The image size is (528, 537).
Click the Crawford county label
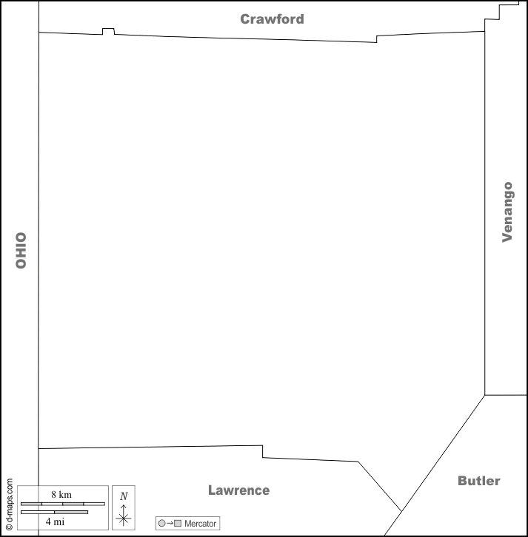coord(272,19)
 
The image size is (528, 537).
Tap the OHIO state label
coord(21,250)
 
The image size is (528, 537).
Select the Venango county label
coord(507,212)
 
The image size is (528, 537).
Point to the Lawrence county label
coord(238,490)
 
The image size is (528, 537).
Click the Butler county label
coord(478,481)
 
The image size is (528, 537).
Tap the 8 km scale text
coord(61,494)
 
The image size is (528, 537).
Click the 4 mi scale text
coord(55,521)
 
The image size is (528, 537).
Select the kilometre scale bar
coord(63,504)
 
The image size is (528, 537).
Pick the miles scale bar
coord(54,512)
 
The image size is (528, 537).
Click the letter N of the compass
coord(124,496)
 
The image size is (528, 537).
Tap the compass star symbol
coord(124,519)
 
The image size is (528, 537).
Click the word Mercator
coord(200,523)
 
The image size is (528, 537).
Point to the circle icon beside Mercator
coord(162,523)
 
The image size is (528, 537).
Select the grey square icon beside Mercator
coord(178,523)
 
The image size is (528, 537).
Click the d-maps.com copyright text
coord(10,504)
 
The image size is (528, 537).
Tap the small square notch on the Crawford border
coord(108,31)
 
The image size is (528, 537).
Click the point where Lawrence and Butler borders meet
coord(401,511)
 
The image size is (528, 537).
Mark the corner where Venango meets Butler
coord(485,395)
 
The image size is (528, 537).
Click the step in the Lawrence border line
coord(263,451)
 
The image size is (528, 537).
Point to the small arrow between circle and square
coord(170,523)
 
